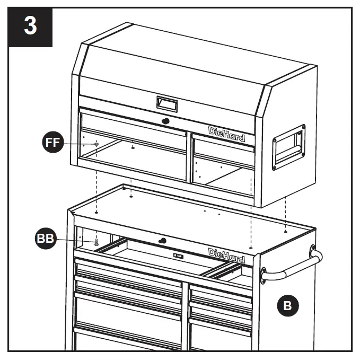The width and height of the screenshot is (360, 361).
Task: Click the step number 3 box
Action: click(x=31, y=27)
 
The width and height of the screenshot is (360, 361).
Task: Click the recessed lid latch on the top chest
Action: click(x=166, y=102)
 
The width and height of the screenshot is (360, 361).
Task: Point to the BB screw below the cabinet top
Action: click(x=96, y=243)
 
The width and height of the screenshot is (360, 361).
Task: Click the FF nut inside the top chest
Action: click(x=96, y=144)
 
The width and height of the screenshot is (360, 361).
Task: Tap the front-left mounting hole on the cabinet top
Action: click(x=96, y=212)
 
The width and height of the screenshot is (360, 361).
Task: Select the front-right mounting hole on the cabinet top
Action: click(x=250, y=247)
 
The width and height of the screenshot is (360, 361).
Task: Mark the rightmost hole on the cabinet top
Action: click(x=286, y=231)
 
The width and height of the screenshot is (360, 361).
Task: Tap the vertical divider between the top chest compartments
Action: click(x=189, y=159)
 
